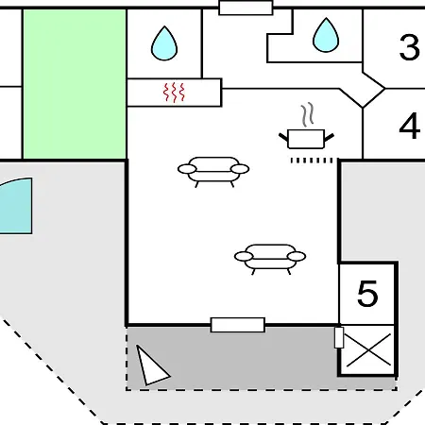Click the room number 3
pos(410,47)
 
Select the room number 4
pos(410,127)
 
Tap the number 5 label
pos(367,294)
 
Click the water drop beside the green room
pos(164,43)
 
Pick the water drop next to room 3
pos(326,35)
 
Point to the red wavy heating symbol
pos(174,93)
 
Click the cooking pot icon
pos(306,139)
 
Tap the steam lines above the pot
pos(308,114)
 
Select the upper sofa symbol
pos(213,172)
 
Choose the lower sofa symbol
pos(270,259)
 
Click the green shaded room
pos(75,84)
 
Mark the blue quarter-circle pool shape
pos(17,206)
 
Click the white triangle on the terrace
pos(151,366)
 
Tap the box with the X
pos(367,350)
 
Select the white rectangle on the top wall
pos(246,8)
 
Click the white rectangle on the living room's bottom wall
pos(238,325)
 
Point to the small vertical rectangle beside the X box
pos(339,337)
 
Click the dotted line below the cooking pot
pos(312,161)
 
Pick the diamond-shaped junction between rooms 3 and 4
pos(363,89)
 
